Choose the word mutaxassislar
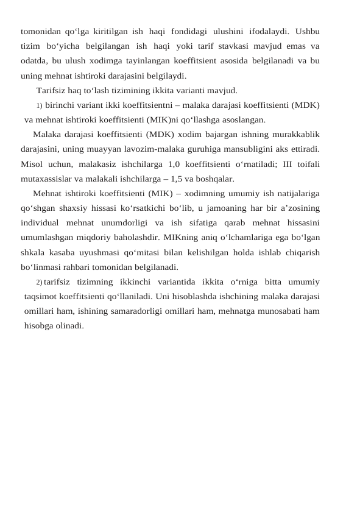(48, 179)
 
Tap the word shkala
(34, 252)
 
